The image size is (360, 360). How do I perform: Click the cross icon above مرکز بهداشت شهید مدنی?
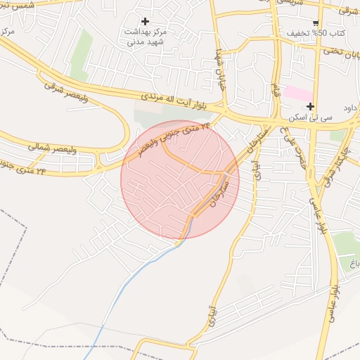point(146,21)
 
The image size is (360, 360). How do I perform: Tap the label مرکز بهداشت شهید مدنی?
point(146,37)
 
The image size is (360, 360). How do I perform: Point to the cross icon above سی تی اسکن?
point(310,106)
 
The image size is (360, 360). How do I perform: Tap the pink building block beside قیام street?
point(298,94)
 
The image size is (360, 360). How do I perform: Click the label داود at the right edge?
point(351,108)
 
